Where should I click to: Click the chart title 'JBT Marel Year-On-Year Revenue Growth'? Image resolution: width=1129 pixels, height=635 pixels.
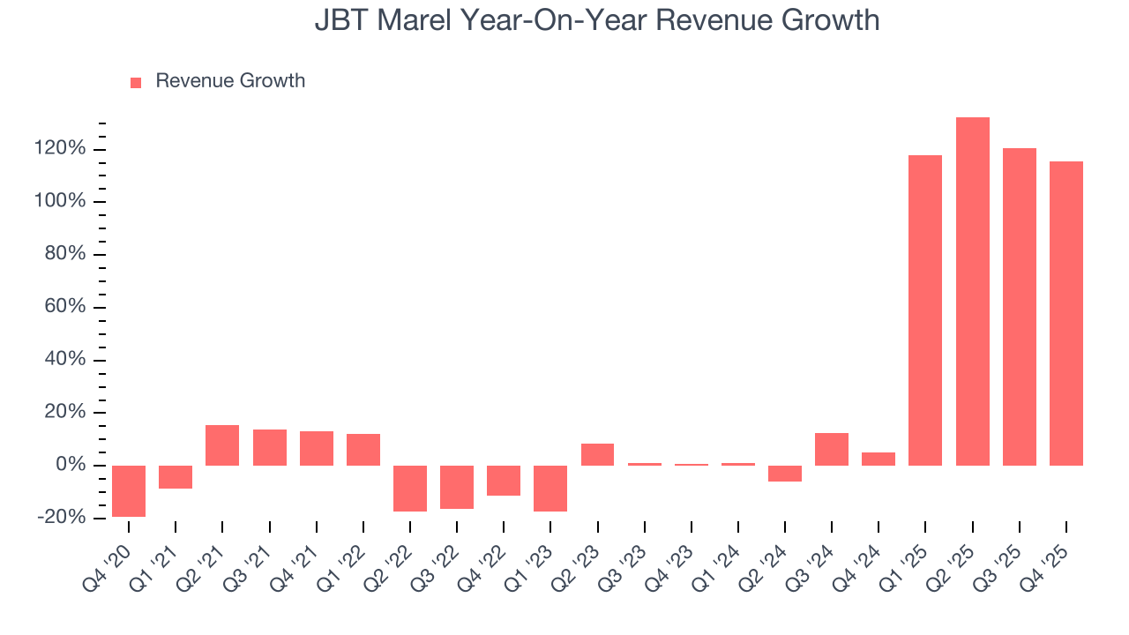pyautogui.click(x=597, y=19)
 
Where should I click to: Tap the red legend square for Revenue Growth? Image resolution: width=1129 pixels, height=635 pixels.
pyautogui.click(x=136, y=82)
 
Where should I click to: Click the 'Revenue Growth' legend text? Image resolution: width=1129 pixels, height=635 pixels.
pyautogui.click(x=230, y=81)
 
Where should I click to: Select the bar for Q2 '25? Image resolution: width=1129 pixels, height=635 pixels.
pyautogui.click(x=972, y=291)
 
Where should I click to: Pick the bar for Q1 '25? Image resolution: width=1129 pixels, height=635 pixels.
pyautogui.click(x=925, y=310)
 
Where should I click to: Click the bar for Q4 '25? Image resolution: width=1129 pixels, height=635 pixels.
pyautogui.click(x=1065, y=313)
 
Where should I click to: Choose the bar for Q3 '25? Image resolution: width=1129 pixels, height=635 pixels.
pyautogui.click(x=1019, y=307)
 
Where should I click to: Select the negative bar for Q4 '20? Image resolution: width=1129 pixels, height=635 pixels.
pyautogui.click(x=129, y=490)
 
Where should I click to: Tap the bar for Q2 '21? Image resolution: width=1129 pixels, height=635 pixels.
pyautogui.click(x=222, y=445)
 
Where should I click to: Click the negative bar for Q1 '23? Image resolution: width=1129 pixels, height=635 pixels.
pyautogui.click(x=550, y=488)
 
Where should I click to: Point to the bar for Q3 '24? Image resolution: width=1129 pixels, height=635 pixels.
pyautogui.click(x=832, y=449)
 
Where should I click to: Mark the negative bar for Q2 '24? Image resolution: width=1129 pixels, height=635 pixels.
pyautogui.click(x=785, y=474)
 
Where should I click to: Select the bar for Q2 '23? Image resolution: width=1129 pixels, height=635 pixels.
pyautogui.click(x=597, y=454)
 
